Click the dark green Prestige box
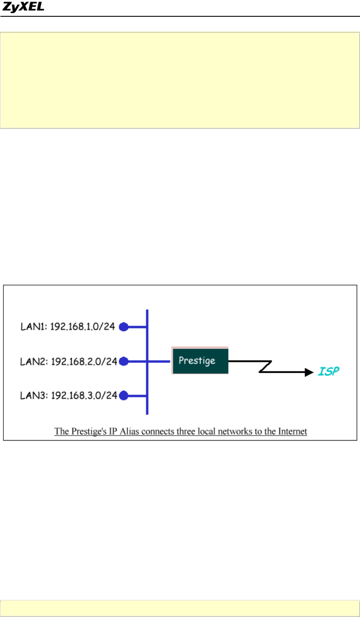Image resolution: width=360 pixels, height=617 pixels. tap(200, 361)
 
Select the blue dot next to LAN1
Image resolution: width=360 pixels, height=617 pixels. tap(124, 327)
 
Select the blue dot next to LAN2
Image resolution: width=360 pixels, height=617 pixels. tap(124, 362)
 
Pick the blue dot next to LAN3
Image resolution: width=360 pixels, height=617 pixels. tap(124, 395)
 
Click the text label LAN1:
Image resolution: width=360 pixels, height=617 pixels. tap(34, 327)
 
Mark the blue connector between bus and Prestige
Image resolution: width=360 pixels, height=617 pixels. tap(159, 362)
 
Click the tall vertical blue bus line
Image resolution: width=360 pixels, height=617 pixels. tap(147, 386)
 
